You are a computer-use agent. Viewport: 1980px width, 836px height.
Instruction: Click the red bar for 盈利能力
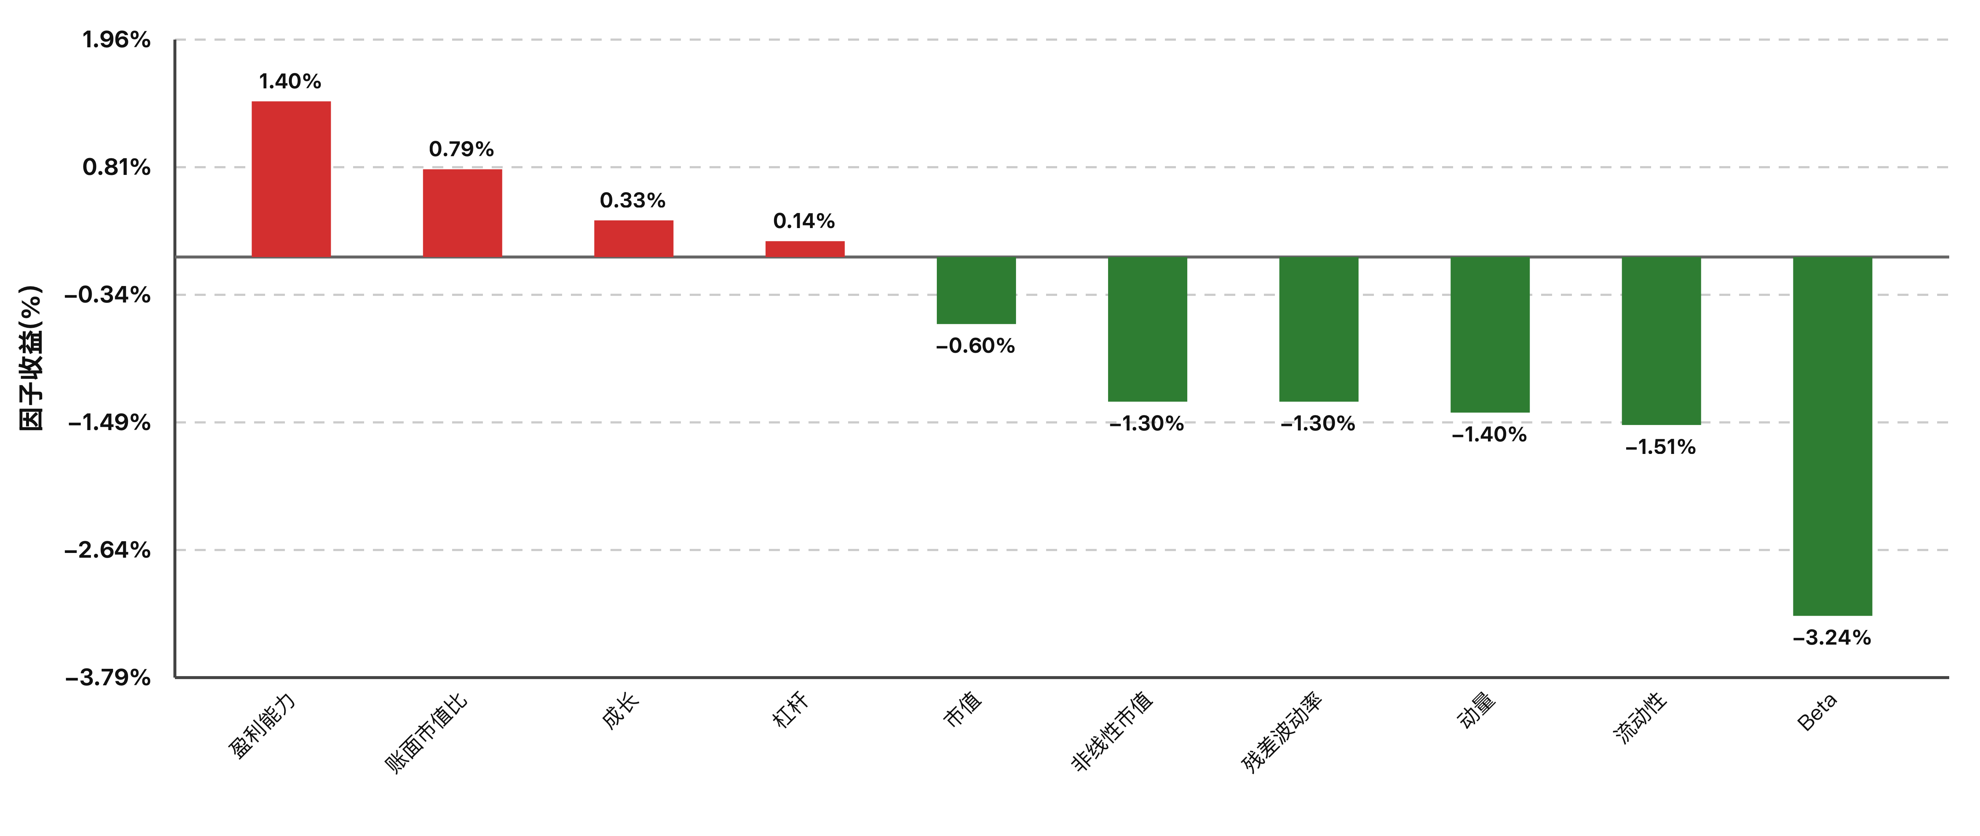pyautogui.click(x=291, y=179)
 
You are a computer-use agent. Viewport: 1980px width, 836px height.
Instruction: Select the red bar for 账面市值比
pyautogui.click(x=463, y=213)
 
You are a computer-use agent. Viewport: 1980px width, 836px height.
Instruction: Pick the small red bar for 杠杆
pyautogui.click(x=805, y=249)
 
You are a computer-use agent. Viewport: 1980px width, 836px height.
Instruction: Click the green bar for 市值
pyautogui.click(x=976, y=290)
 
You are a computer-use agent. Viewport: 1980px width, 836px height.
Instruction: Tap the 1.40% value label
pyautogui.click(x=290, y=81)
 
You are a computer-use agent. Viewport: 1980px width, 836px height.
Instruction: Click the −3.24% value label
pyautogui.click(x=1831, y=638)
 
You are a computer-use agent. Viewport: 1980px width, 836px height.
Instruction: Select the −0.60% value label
pyautogui.click(x=975, y=346)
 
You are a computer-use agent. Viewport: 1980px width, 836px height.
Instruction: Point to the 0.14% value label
pyautogui.click(x=804, y=221)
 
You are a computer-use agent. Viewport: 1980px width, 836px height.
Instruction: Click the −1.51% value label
pyautogui.click(x=1660, y=447)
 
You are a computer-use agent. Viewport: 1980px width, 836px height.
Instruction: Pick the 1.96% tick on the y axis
pyautogui.click(x=117, y=40)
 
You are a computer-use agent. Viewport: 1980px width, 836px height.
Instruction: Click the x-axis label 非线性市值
pyautogui.click(x=1111, y=731)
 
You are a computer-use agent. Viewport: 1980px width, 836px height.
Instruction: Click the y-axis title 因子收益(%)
pyautogui.click(x=31, y=358)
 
